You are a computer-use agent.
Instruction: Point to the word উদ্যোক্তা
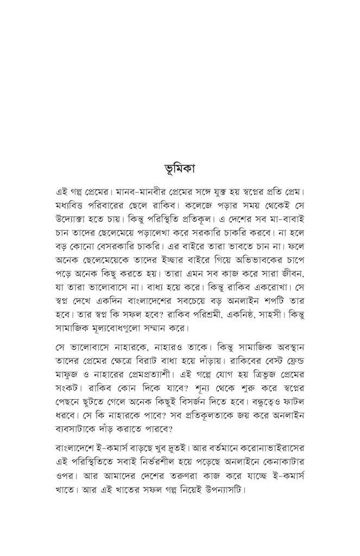pyautogui.click(x=74, y=223)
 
